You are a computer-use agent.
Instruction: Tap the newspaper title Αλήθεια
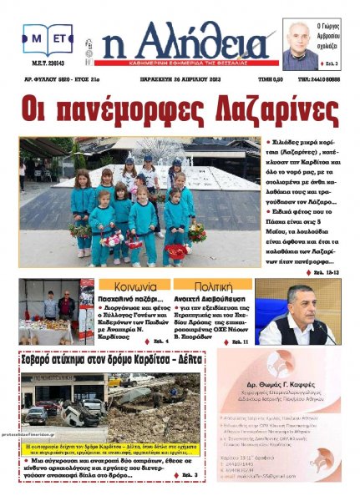click(x=192, y=42)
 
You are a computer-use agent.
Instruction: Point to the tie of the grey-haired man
click(x=300, y=328)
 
